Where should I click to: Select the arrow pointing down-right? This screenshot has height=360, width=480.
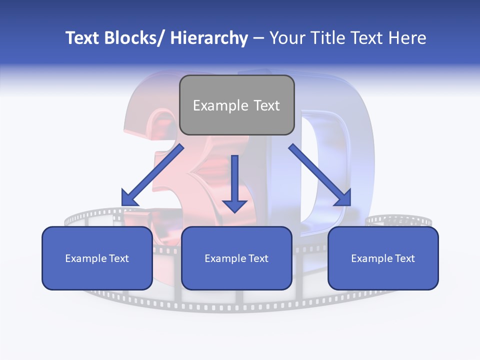click(319, 175)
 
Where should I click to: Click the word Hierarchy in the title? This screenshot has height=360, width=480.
click(209, 38)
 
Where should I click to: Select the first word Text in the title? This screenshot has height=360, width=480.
click(83, 38)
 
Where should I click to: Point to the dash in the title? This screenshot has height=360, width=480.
click(258, 38)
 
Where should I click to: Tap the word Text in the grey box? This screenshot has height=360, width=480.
click(266, 105)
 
